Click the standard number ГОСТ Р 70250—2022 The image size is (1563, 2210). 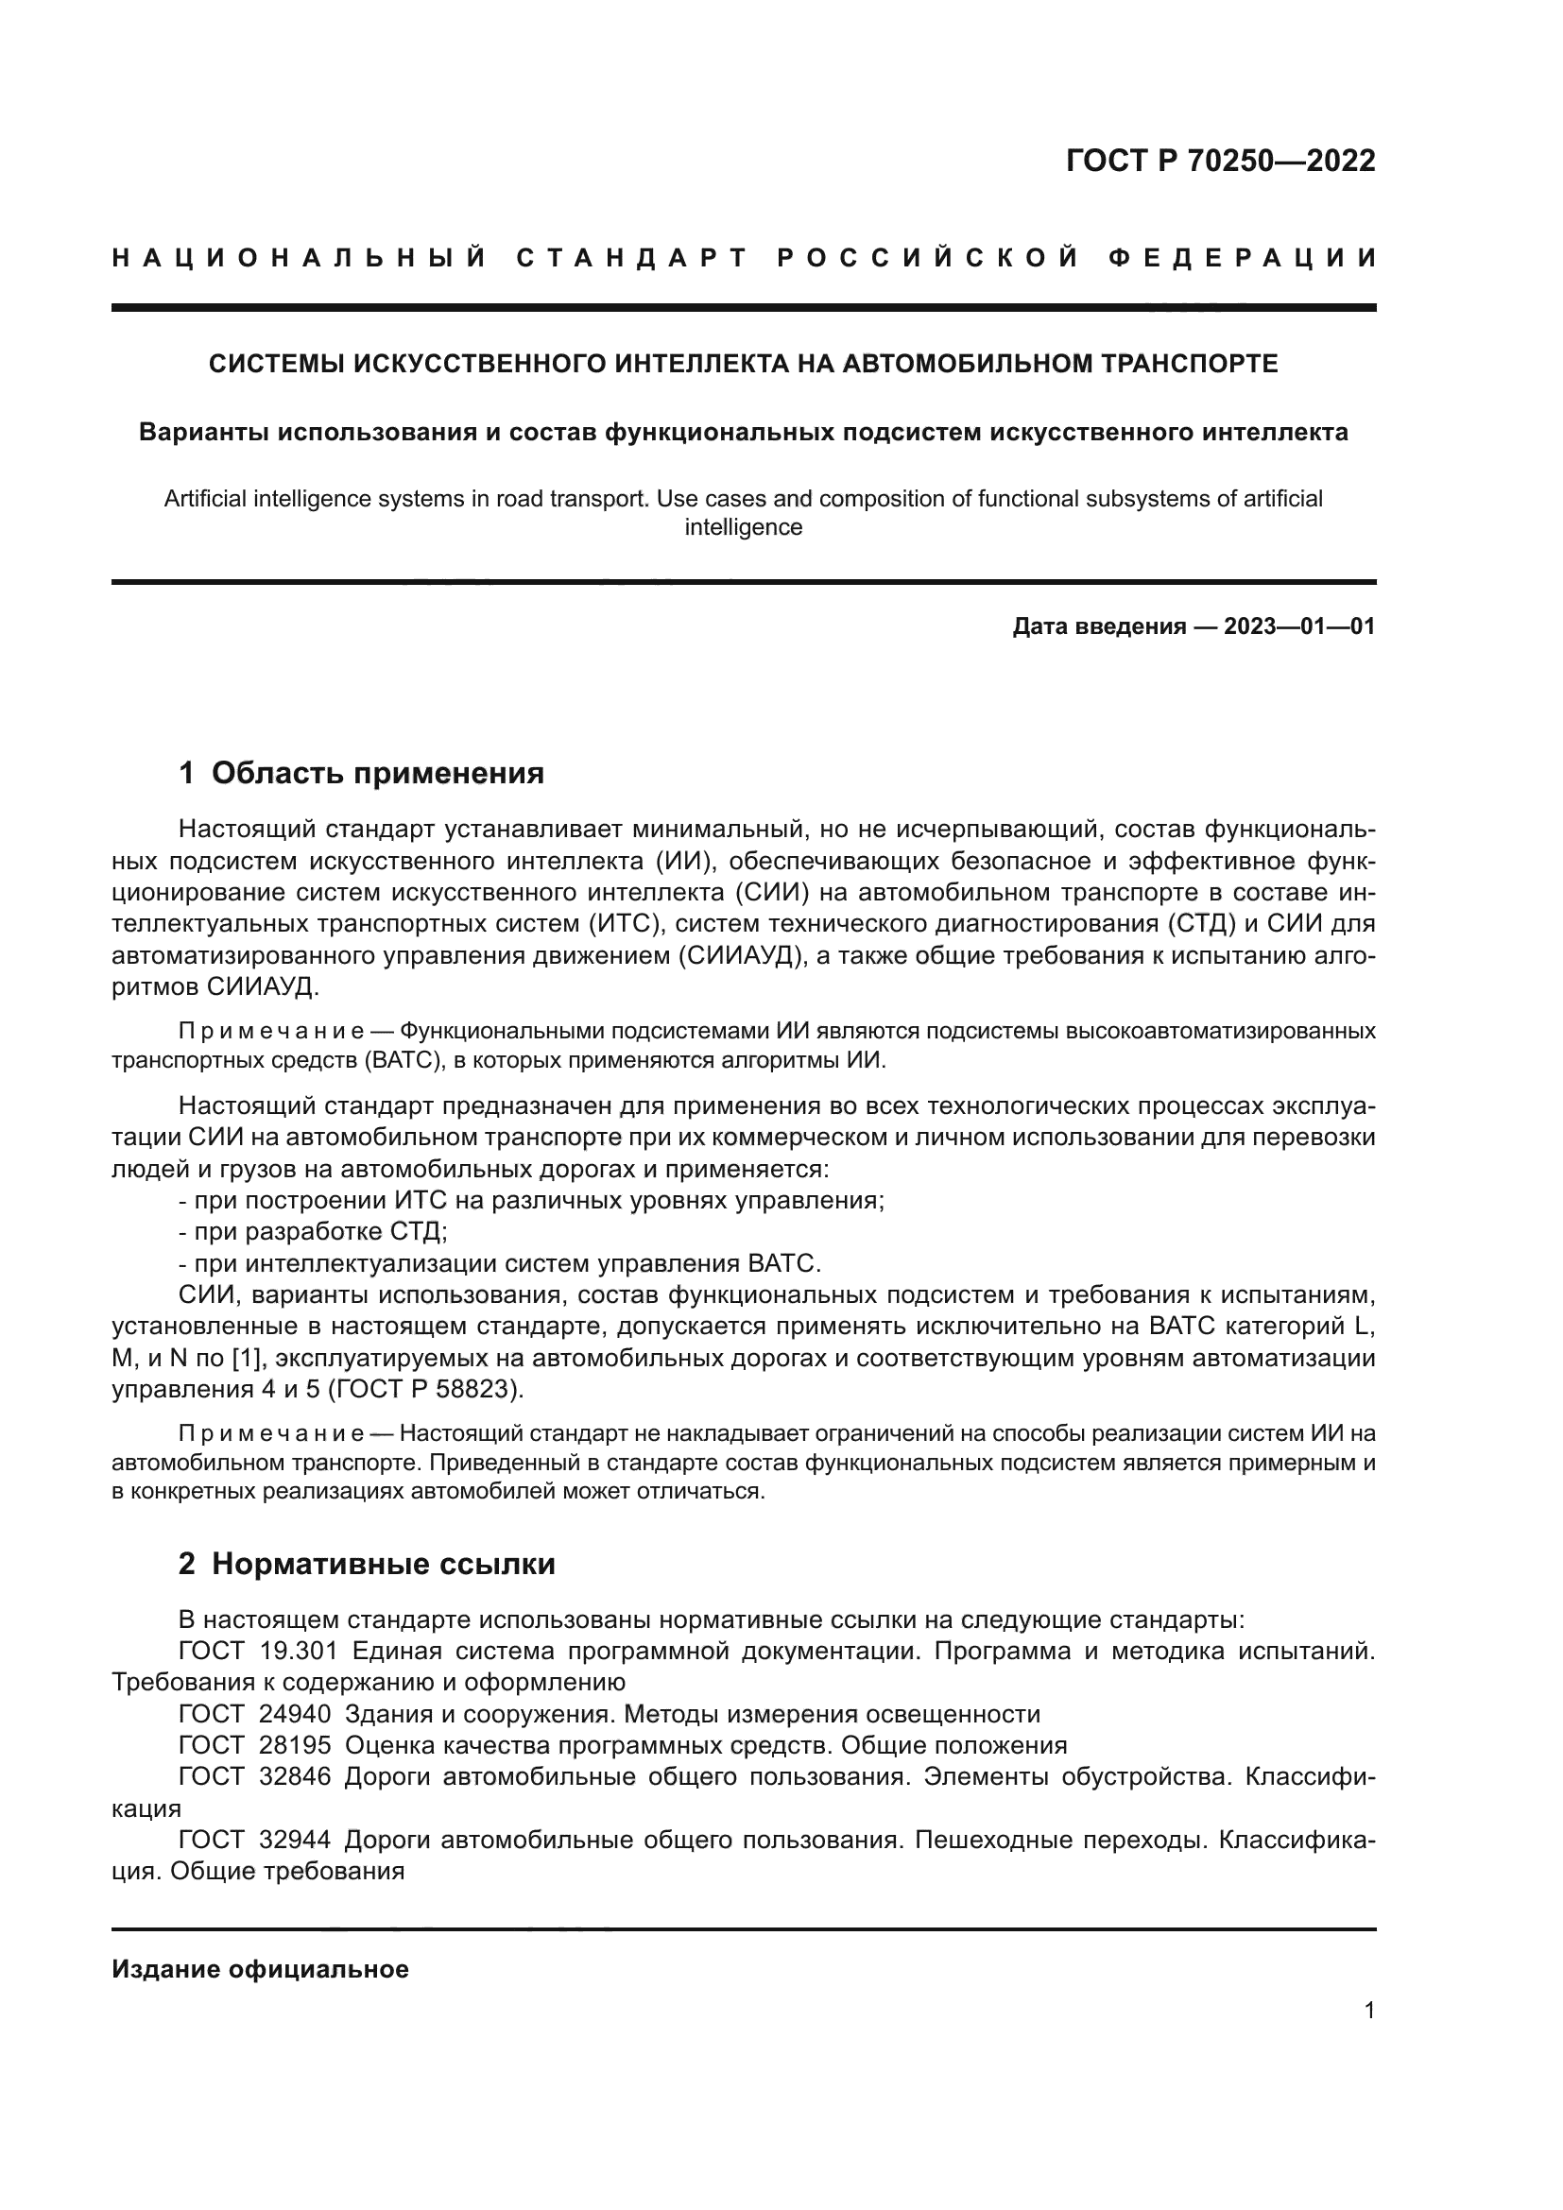[x=1220, y=161]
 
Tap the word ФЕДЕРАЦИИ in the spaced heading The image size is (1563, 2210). [x=1243, y=258]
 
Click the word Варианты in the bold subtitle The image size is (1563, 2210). [x=202, y=432]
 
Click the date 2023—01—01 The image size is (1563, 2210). [x=1299, y=626]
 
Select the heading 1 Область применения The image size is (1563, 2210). [x=361, y=772]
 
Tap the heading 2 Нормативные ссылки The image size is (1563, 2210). [x=367, y=1564]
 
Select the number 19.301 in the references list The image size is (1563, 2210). [x=299, y=1652]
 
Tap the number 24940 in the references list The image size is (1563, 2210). [x=295, y=1714]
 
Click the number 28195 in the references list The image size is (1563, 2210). [x=295, y=1746]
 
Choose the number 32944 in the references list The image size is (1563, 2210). [x=295, y=1841]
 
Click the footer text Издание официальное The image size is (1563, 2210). [x=260, y=1969]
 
